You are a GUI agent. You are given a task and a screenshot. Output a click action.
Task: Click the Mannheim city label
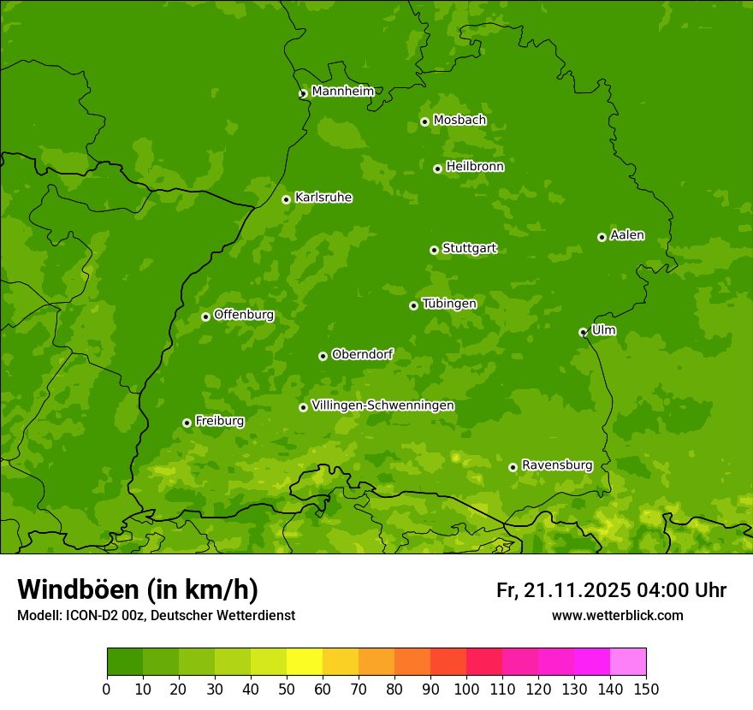coord(342,92)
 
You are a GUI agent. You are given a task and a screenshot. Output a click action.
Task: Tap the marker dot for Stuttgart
coord(434,250)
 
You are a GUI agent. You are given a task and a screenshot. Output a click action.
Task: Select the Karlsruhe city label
coord(323,198)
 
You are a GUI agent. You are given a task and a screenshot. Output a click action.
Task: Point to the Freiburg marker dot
coord(187,423)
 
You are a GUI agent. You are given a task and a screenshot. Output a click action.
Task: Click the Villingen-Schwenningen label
coord(382,405)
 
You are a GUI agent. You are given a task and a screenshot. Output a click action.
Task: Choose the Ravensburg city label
coord(557,465)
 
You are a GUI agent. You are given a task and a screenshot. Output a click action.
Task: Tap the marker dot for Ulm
coord(583,332)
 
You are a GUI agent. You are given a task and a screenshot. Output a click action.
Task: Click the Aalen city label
coord(627,235)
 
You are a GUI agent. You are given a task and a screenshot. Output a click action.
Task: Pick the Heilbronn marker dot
coord(437,169)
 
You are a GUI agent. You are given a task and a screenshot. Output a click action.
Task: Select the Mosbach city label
coord(460,120)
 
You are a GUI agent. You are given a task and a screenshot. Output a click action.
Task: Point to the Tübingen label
coord(449,304)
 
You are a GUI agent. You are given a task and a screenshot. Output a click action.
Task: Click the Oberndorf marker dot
coord(323,356)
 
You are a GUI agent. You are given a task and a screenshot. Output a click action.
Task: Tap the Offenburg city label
coord(244,315)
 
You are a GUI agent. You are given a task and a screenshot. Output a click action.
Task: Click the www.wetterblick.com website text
coord(617,615)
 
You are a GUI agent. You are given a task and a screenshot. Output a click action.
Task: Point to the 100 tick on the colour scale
coord(466,689)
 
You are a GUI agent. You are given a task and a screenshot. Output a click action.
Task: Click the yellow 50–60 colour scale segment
coord(305,662)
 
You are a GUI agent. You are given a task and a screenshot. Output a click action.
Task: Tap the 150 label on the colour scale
coord(646,689)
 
